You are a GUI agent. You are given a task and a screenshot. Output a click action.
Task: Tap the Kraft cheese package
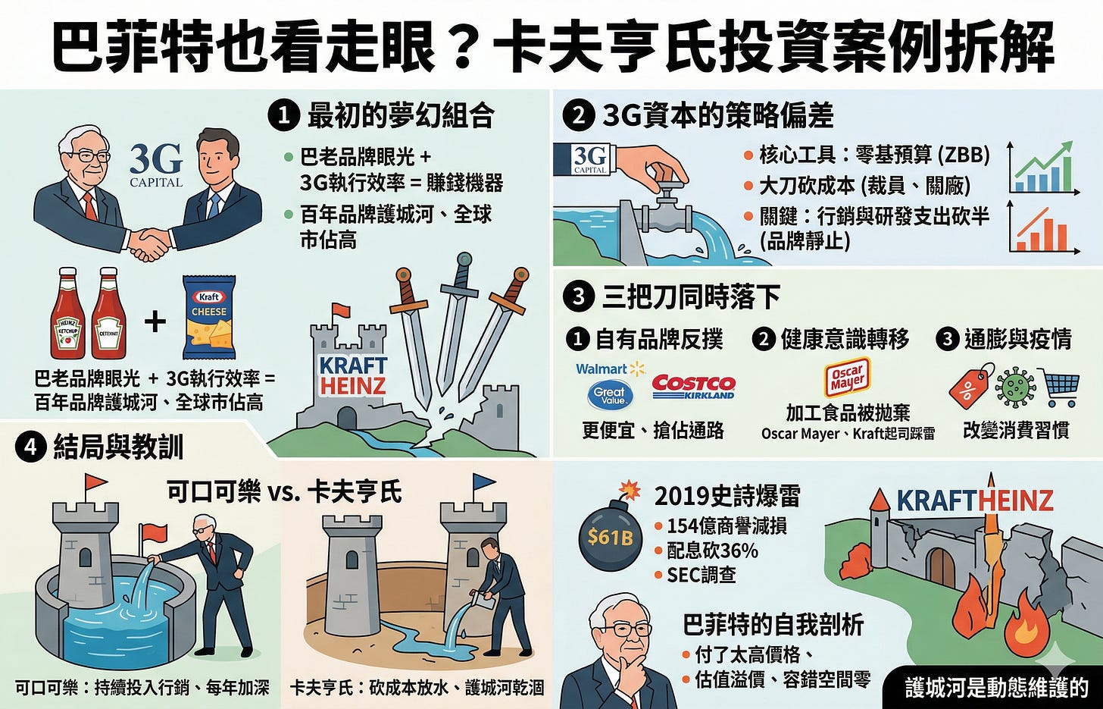click(209, 317)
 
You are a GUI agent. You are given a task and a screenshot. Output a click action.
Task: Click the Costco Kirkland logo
click(693, 387)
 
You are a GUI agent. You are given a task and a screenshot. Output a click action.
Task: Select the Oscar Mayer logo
click(848, 380)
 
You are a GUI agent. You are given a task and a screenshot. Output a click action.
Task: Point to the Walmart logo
click(610, 369)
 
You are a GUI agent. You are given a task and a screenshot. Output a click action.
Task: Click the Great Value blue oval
click(610, 395)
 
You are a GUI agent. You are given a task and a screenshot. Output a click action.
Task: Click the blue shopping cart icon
click(1059, 387)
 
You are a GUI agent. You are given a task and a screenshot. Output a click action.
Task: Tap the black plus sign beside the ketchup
click(155, 322)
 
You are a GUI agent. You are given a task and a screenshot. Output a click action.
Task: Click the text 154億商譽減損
click(726, 526)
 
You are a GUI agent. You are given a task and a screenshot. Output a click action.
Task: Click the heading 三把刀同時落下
click(691, 297)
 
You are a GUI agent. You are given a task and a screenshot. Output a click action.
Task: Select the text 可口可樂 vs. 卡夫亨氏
click(285, 491)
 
